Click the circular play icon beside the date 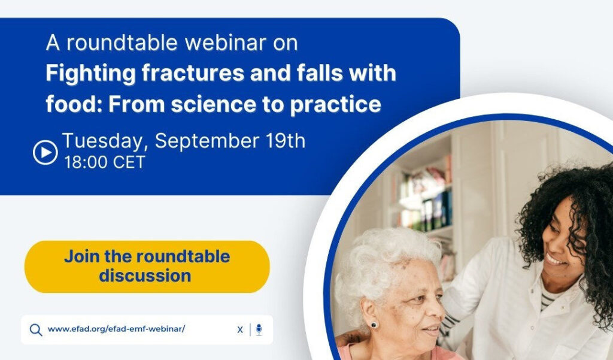click(x=45, y=152)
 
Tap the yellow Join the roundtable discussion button click(x=147, y=267)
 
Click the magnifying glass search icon click(x=36, y=330)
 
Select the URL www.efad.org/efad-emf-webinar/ click(x=116, y=329)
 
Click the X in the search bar click(x=240, y=329)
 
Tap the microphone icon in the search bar click(x=259, y=329)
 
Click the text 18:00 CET click(x=105, y=162)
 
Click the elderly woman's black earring click(x=374, y=325)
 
